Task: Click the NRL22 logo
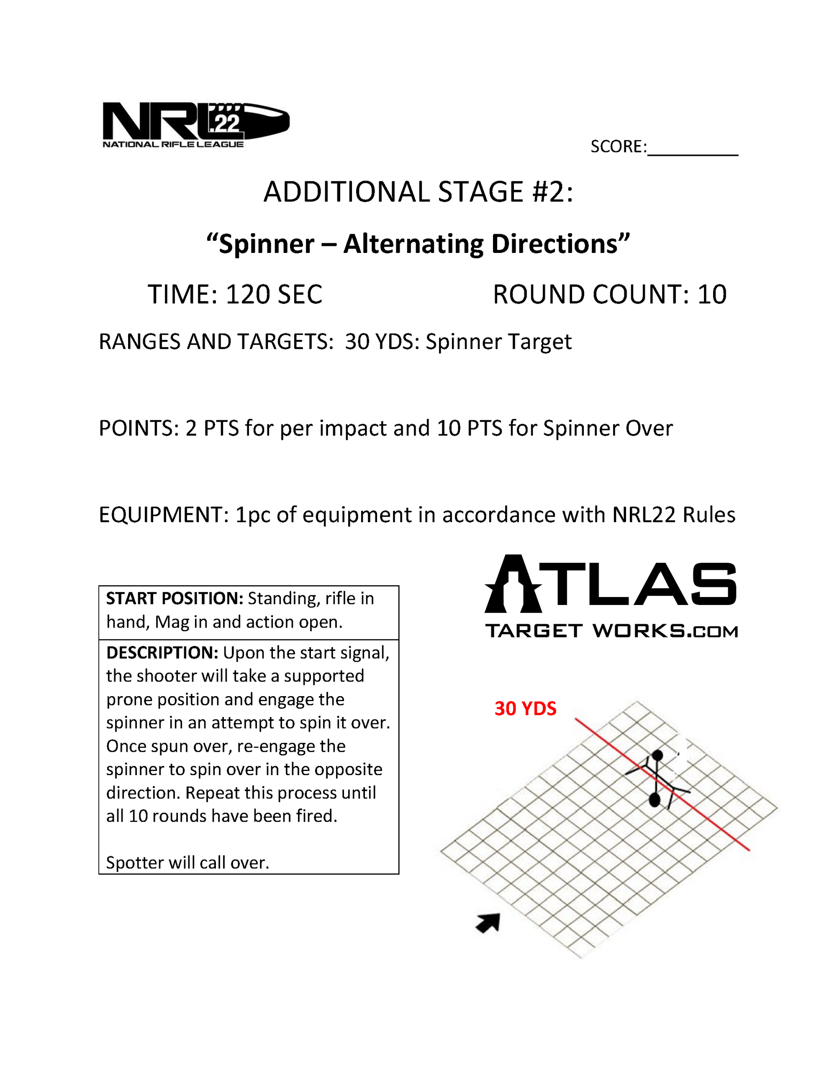[x=195, y=124]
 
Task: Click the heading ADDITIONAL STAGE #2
[x=418, y=192]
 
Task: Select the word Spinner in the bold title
[x=266, y=244]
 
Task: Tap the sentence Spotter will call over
[x=187, y=863]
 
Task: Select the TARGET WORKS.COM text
[x=611, y=631]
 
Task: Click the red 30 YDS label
[x=525, y=709]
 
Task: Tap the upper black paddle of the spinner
[x=657, y=755]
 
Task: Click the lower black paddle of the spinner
[x=655, y=800]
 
